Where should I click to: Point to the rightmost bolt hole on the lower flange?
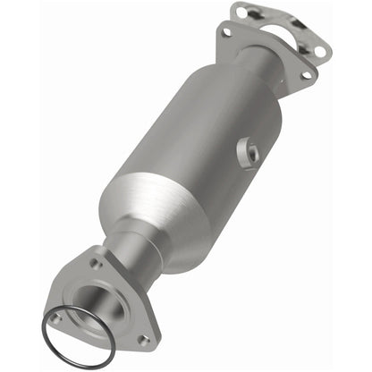coord(142,340)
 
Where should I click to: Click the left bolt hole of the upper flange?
coord(226,33)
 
